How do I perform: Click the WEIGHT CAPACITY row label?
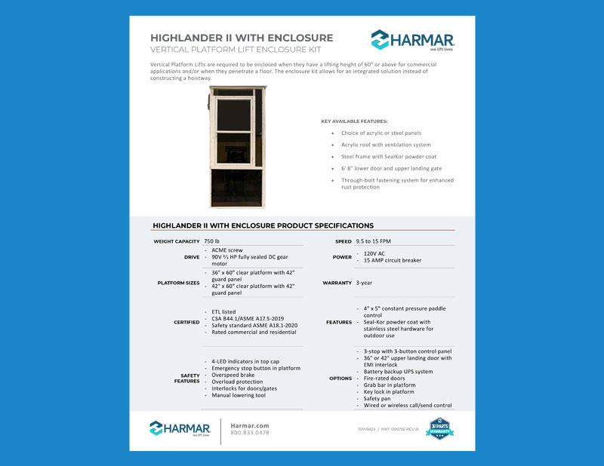[177, 241]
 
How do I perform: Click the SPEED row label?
[343, 241]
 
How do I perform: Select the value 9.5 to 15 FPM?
[373, 241]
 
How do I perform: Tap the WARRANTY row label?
[337, 283]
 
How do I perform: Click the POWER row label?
[342, 257]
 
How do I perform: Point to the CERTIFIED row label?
[186, 322]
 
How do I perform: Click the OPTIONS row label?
[341, 379]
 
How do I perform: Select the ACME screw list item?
[227, 250]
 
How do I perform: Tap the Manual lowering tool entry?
[239, 395]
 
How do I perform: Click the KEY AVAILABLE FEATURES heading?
[354, 121]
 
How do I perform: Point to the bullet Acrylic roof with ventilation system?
[385, 145]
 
